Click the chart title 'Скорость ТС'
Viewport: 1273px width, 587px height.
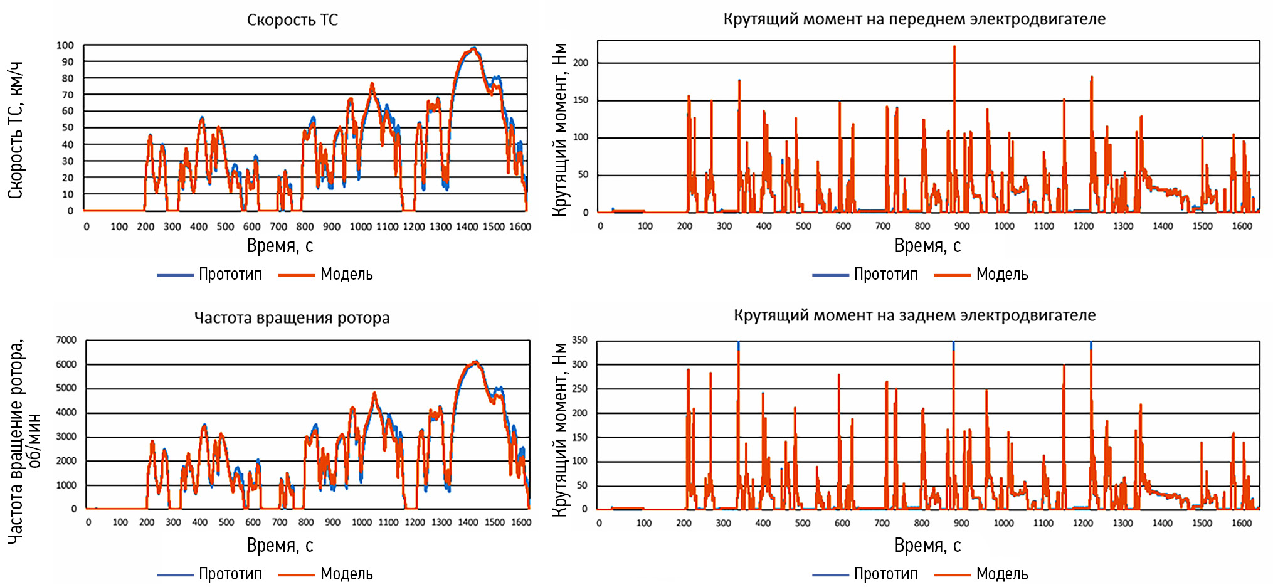tap(292, 20)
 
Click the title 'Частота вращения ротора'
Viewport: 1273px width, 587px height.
tap(292, 318)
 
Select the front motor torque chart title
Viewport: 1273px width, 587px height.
tap(914, 19)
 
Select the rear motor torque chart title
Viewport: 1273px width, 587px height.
tap(914, 315)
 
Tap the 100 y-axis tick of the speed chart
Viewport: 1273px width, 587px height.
tap(65, 45)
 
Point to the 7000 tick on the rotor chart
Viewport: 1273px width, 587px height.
tap(66, 340)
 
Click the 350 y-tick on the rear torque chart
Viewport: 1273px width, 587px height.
tap(579, 340)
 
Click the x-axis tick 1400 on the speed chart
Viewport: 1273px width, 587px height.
tap(467, 226)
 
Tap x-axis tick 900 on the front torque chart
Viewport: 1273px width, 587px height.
tap(961, 226)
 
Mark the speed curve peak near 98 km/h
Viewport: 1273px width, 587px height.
tap(473, 48)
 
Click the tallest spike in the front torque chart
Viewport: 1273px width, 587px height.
tap(954, 46)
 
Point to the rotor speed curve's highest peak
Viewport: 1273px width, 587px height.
tap(476, 362)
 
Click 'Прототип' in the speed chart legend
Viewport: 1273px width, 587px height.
tap(230, 274)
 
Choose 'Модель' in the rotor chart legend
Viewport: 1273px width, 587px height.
tap(346, 574)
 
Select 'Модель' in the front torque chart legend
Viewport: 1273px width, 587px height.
tap(1001, 274)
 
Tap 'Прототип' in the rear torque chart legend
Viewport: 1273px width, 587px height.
tap(885, 574)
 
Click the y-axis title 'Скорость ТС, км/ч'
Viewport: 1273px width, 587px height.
tap(16, 130)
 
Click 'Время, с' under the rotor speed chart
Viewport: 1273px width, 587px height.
tap(280, 546)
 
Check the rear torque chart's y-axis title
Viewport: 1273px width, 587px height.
tap(559, 430)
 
